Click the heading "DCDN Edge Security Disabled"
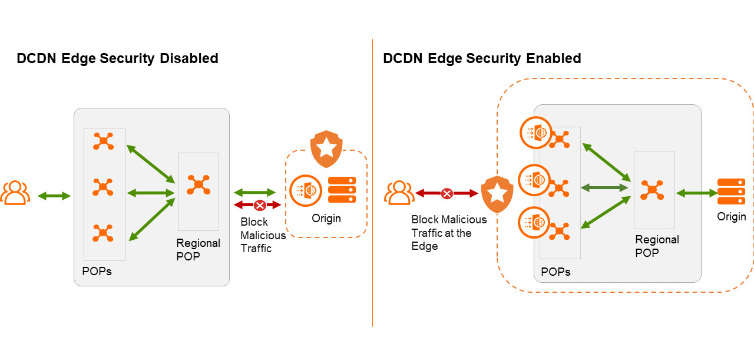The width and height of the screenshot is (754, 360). coord(117,58)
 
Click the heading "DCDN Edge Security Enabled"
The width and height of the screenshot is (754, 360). coord(482,58)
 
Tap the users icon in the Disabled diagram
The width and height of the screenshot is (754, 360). coord(15,193)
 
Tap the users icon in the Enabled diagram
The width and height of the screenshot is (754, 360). coord(399,193)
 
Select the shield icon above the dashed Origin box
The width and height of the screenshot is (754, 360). coord(326,150)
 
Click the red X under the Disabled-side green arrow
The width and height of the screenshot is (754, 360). coord(259,205)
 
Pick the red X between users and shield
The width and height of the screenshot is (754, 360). coord(447,193)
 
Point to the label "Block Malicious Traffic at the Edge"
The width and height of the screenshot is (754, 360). coord(449,233)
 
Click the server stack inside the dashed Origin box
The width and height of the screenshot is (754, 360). coord(342,190)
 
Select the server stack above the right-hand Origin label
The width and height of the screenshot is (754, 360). coord(731,191)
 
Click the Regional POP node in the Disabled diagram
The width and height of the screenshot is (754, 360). coord(199,184)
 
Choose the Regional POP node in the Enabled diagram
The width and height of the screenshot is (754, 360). coord(652,189)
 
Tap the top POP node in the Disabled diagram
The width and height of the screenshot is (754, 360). coord(103,141)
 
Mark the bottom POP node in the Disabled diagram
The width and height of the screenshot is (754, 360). coord(103,233)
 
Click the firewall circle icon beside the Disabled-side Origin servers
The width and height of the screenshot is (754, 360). coord(306,190)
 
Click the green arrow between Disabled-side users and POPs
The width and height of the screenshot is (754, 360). coord(54,196)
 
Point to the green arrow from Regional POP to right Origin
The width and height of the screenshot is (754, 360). coord(696,193)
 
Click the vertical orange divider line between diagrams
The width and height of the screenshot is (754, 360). coord(373,183)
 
